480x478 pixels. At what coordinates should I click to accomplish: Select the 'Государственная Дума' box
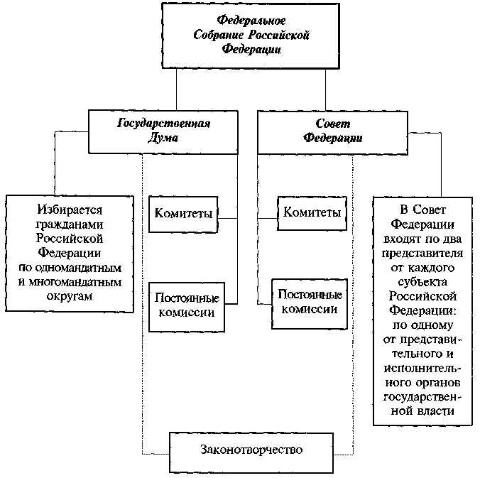click(163, 131)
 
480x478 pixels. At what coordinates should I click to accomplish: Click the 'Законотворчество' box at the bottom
click(252, 450)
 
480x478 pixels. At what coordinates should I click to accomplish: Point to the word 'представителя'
click(423, 253)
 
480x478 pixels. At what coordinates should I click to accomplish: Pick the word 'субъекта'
click(423, 281)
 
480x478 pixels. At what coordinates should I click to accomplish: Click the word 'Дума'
click(163, 138)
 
